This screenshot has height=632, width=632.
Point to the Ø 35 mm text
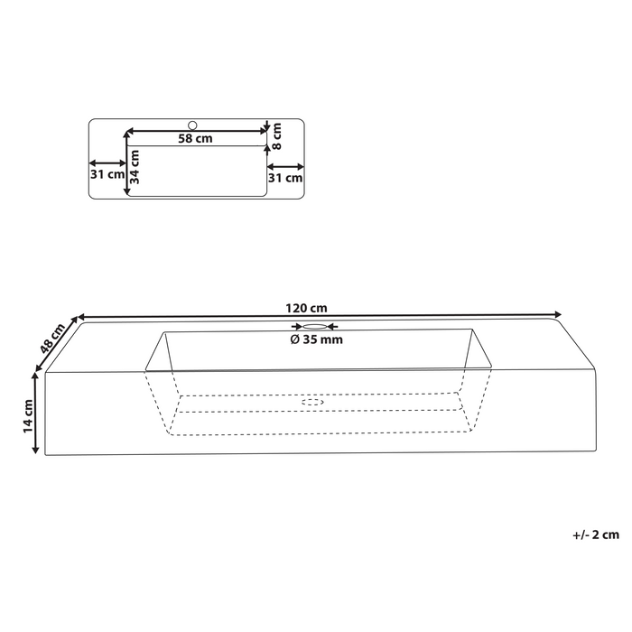[x=317, y=340]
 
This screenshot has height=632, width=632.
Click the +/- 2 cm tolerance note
[x=596, y=534]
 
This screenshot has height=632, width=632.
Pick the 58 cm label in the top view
[x=194, y=139]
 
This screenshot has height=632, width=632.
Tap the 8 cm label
[x=277, y=135]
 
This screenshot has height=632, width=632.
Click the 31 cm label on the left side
[x=107, y=174]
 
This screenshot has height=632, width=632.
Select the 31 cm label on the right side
[x=287, y=178]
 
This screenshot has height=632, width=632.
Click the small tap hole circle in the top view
[x=191, y=125]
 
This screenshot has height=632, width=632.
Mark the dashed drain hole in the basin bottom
[x=312, y=400]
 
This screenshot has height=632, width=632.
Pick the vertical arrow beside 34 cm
[x=125, y=163]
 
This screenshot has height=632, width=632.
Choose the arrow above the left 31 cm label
[x=107, y=164]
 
